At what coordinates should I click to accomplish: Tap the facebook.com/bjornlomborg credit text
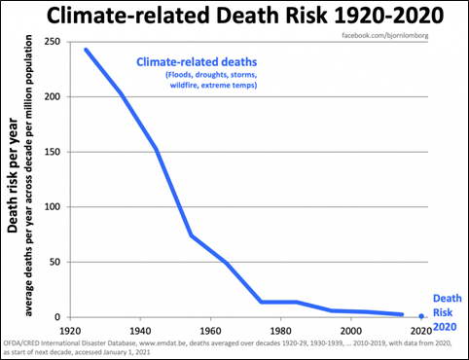[399, 35]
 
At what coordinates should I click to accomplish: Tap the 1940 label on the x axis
[139, 329]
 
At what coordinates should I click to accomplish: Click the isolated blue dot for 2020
[420, 316]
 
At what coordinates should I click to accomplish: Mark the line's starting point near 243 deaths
[87, 50]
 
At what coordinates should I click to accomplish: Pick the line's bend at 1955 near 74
[192, 235]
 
